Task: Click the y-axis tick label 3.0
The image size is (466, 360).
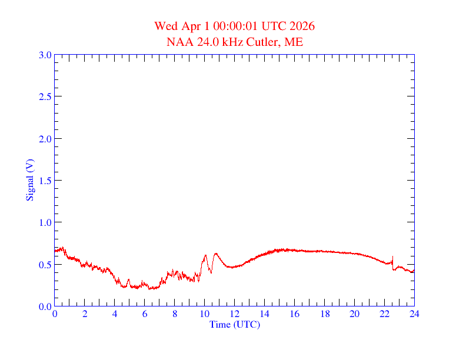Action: click(x=45, y=55)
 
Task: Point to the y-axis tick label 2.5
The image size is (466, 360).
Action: click(x=45, y=96)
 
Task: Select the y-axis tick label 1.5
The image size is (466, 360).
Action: click(x=45, y=181)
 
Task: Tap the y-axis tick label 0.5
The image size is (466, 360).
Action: click(x=45, y=265)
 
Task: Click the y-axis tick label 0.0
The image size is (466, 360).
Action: click(x=45, y=306)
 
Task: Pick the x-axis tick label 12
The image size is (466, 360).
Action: click(x=235, y=314)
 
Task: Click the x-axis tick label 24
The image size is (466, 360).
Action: click(x=414, y=314)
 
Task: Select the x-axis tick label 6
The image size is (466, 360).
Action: click(x=145, y=314)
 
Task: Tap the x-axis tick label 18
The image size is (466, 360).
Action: click(x=325, y=314)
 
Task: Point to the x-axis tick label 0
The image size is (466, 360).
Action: click(x=55, y=314)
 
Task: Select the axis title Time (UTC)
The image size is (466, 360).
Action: click(x=234, y=324)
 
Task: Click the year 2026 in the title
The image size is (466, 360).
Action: click(x=302, y=26)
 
